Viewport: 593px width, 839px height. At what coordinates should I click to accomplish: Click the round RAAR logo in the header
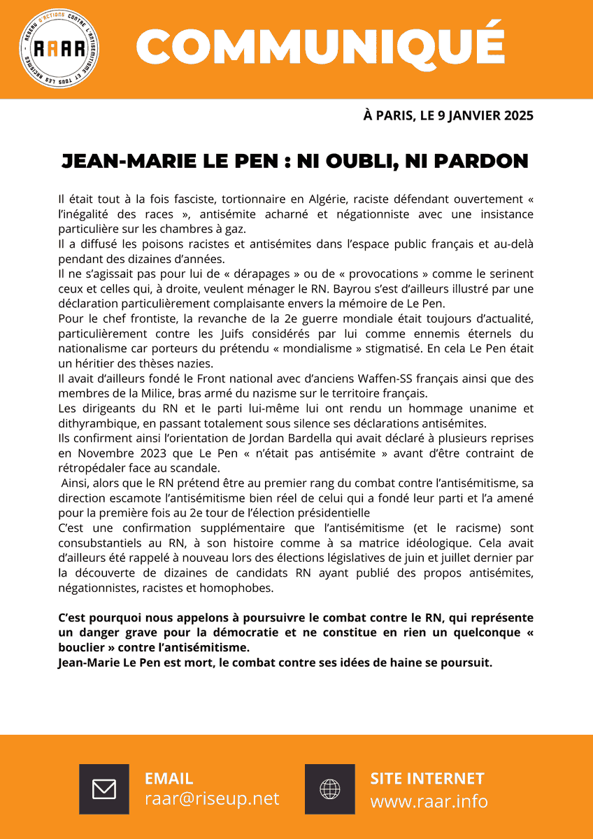(59, 49)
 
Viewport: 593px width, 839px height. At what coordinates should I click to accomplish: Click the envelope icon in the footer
(104, 789)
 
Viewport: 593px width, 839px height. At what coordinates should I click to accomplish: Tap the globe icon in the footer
(329, 789)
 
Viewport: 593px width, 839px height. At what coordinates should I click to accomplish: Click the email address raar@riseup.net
(212, 799)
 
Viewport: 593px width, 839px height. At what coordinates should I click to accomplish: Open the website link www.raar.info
(429, 801)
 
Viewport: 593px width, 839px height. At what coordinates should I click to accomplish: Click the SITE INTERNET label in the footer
(427, 778)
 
